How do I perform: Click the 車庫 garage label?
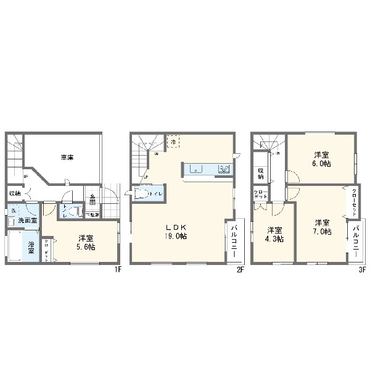(x=67, y=158)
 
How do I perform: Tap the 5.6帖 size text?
(x=86, y=246)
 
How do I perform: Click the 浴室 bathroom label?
(x=31, y=246)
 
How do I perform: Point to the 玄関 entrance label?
(x=91, y=200)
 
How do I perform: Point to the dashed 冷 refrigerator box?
(x=174, y=143)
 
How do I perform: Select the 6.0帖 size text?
(x=321, y=164)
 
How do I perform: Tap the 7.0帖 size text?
(x=322, y=232)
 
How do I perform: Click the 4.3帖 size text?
(x=273, y=239)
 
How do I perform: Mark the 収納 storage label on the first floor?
(x=14, y=194)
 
